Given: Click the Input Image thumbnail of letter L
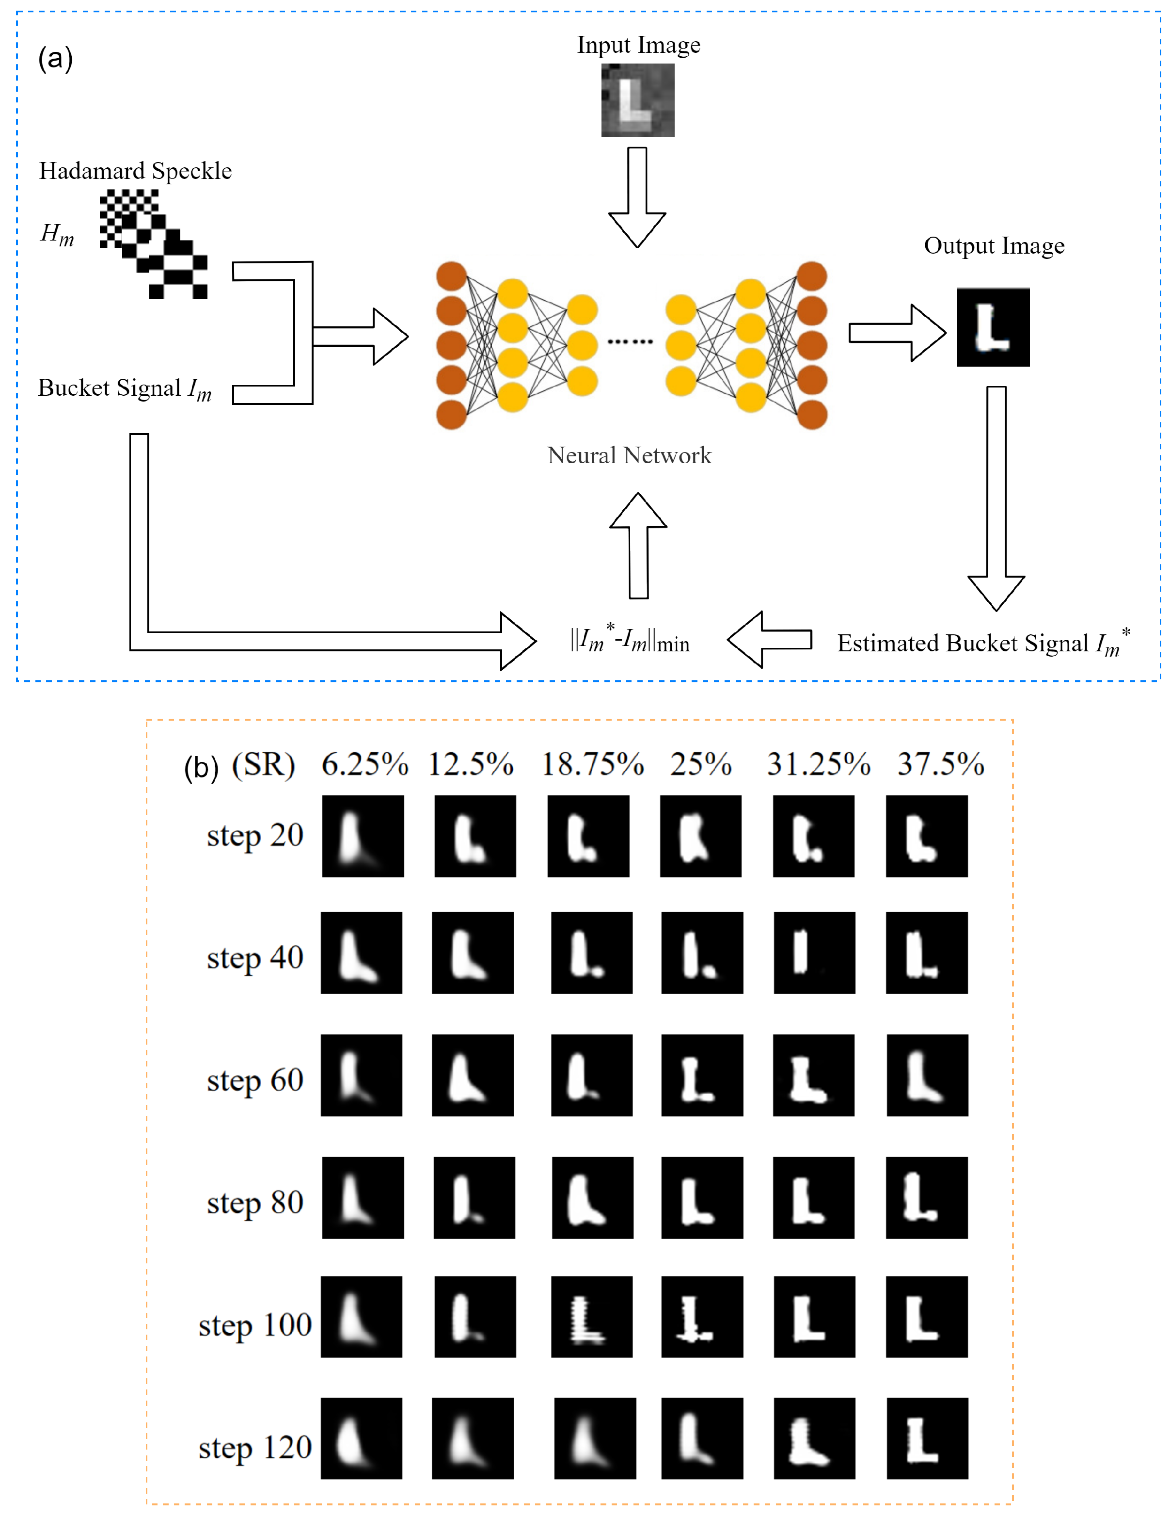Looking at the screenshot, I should tap(637, 100).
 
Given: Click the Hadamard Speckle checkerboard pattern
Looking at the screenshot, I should tap(153, 244).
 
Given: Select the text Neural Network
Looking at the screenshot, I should tap(629, 456).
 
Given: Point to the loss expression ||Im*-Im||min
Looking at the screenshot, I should tap(629, 641).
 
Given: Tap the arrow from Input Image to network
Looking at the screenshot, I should tap(637, 196).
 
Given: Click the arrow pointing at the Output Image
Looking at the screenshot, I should tap(897, 333).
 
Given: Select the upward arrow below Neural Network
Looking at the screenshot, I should tap(638, 545).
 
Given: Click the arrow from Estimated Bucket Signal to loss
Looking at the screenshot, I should tap(769, 639).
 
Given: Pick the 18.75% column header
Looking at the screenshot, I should tap(592, 765).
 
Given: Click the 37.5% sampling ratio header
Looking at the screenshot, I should tap(940, 765).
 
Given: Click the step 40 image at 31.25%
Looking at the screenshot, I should tap(814, 952).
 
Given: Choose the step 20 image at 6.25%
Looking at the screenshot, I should tap(363, 836).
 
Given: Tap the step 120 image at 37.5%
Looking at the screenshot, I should tap(927, 1438).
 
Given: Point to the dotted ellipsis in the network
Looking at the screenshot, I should tap(630, 341).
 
